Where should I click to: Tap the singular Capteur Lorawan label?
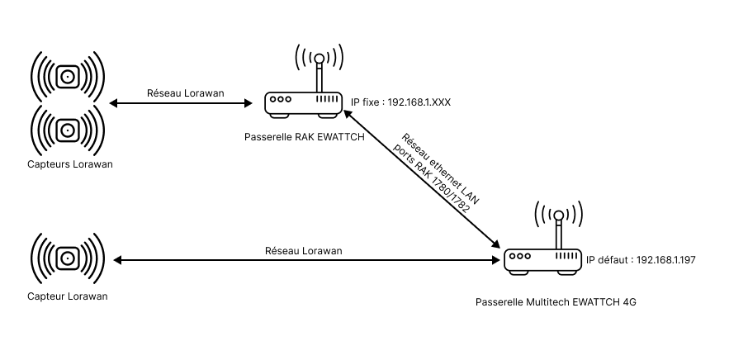coord(66,296)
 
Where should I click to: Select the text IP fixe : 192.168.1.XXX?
coord(400,102)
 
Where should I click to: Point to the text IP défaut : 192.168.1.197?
coord(641,259)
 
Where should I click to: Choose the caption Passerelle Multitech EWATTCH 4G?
coord(556,302)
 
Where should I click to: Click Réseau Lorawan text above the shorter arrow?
coord(180,92)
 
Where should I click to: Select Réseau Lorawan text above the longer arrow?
coord(303,250)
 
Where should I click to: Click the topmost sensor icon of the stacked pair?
coord(68,78)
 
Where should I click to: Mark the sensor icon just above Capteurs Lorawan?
coord(68,129)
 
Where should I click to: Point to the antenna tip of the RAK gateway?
coord(320,59)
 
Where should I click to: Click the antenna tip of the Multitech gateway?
coord(559,216)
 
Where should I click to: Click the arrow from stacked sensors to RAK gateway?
coord(180,103)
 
